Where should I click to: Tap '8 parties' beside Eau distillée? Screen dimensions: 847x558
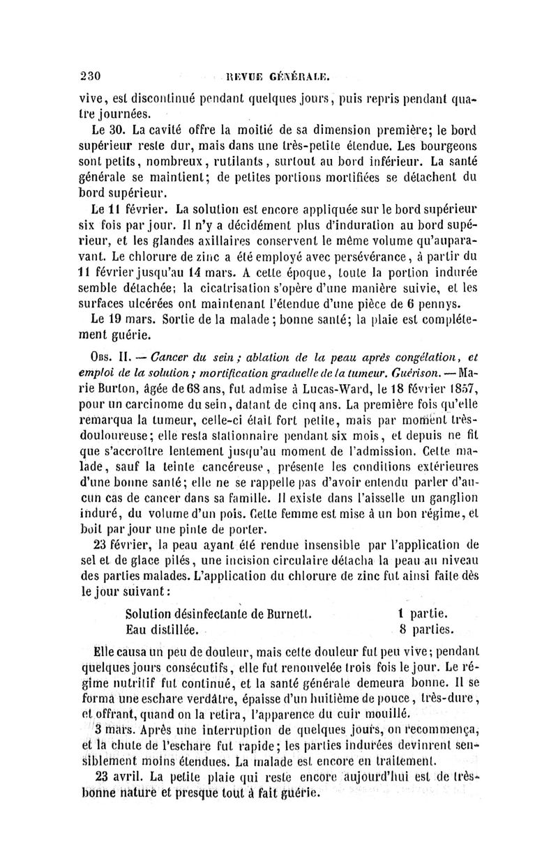(x=427, y=631)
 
